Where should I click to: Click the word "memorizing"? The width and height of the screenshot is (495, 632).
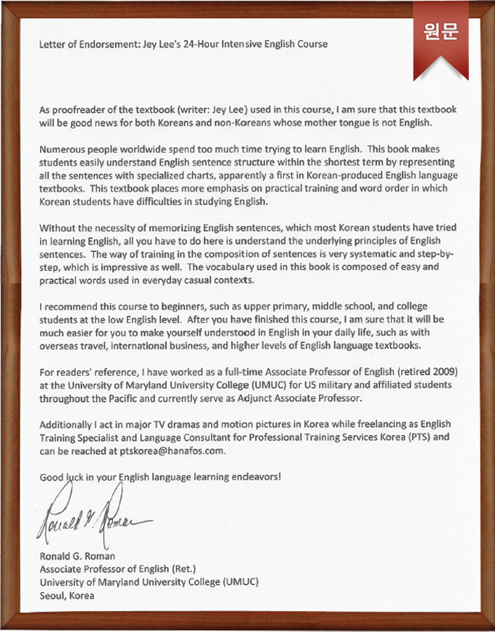(153, 228)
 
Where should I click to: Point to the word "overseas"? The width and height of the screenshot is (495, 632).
(60, 347)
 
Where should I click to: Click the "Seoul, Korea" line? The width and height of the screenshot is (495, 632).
(67, 596)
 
